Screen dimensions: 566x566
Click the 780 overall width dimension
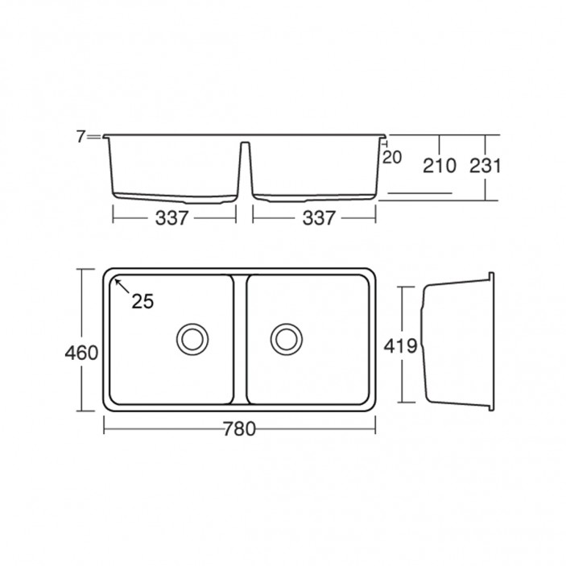(x=239, y=429)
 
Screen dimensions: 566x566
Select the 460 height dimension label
(x=81, y=353)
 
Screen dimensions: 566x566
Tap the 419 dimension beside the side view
(x=400, y=346)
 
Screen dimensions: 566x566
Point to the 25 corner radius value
(x=143, y=301)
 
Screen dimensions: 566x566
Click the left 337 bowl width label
(x=171, y=218)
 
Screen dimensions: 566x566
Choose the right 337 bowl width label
(x=319, y=218)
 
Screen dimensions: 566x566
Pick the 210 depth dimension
(x=440, y=166)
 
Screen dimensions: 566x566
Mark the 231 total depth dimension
(x=485, y=166)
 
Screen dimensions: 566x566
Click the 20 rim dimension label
(x=392, y=157)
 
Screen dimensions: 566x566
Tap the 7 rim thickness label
(x=81, y=137)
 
